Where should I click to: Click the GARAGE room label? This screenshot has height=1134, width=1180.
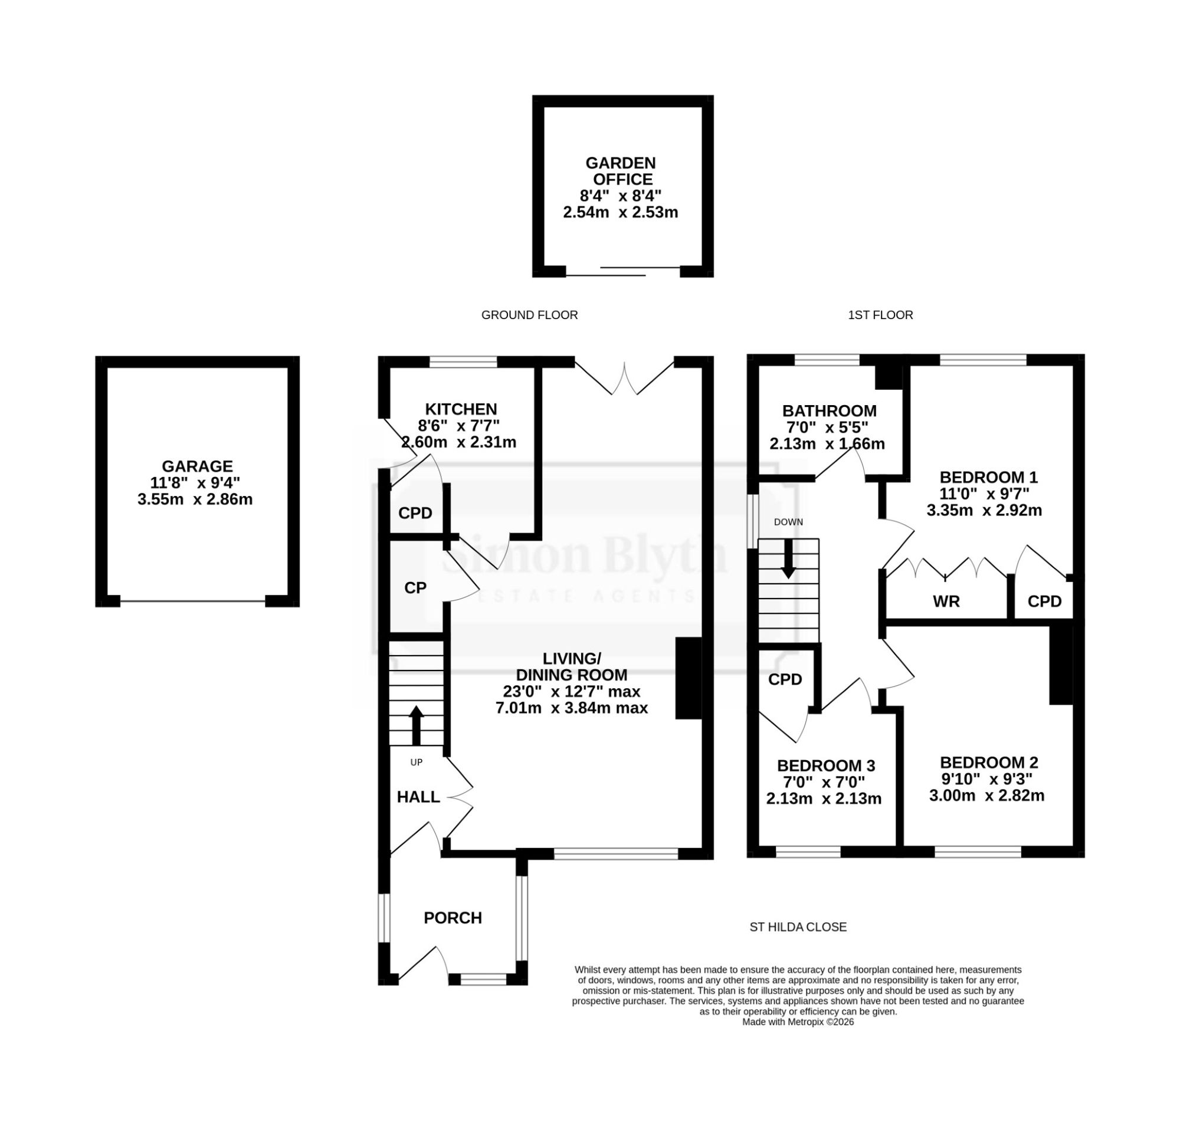click(x=197, y=466)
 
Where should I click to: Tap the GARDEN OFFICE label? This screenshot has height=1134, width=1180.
click(x=621, y=171)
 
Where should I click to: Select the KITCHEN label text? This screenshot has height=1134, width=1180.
click(x=461, y=409)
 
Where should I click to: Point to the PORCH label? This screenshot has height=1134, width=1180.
click(x=453, y=918)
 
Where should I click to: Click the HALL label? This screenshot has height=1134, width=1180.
click(x=418, y=797)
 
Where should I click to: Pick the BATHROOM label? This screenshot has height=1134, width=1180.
click(x=829, y=411)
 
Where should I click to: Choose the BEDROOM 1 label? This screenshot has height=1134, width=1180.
click(x=989, y=477)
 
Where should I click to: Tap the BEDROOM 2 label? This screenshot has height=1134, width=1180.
click(x=989, y=762)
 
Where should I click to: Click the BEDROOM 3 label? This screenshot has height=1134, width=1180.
click(x=826, y=765)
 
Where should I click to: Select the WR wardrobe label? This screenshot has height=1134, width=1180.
click(x=946, y=601)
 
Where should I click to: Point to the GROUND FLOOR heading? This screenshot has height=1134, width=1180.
click(x=529, y=315)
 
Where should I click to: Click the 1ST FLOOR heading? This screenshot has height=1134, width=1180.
click(x=880, y=315)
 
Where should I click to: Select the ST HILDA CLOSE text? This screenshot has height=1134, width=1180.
click(x=798, y=927)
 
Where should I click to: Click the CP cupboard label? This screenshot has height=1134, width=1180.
click(x=415, y=588)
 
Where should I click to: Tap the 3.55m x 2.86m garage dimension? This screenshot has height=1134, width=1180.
click(x=195, y=499)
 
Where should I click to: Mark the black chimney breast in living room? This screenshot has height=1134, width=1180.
click(x=689, y=678)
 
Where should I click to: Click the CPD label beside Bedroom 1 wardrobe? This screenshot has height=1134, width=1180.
click(x=1044, y=601)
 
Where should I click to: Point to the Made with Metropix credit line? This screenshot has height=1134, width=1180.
click(x=798, y=1021)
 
